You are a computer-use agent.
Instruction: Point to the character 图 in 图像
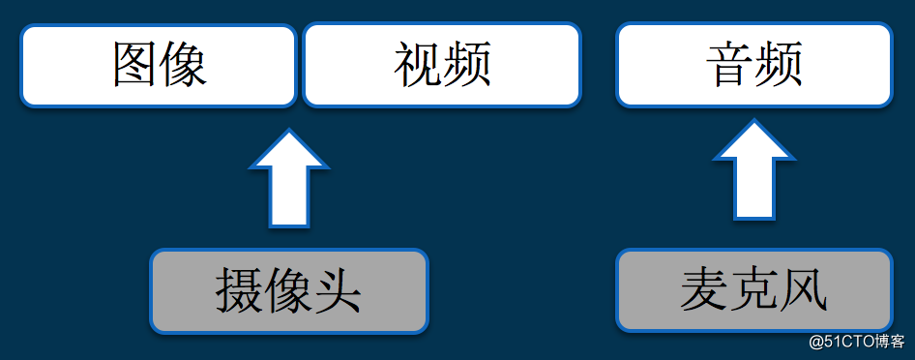135,65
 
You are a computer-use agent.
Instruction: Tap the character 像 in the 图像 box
184,65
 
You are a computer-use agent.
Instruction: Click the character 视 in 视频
418,65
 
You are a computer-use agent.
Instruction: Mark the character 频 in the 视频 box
467,65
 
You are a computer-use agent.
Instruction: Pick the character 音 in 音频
730,65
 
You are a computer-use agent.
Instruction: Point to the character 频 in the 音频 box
779,65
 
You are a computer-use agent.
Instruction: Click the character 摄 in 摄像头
238,291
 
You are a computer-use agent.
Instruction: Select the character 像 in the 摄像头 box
287,291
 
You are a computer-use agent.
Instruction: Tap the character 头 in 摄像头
338,291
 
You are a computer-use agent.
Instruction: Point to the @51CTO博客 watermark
856,342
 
